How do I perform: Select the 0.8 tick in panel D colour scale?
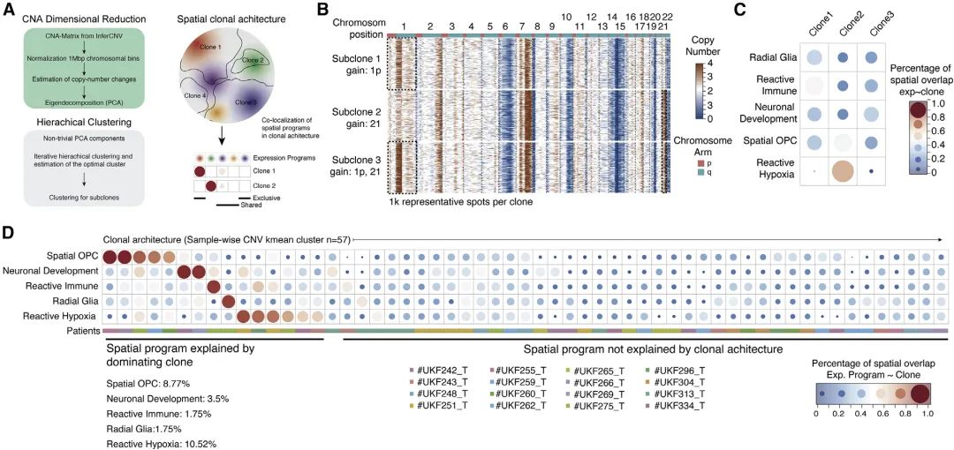tap(901, 411)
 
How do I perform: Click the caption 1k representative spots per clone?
tap(460, 202)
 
